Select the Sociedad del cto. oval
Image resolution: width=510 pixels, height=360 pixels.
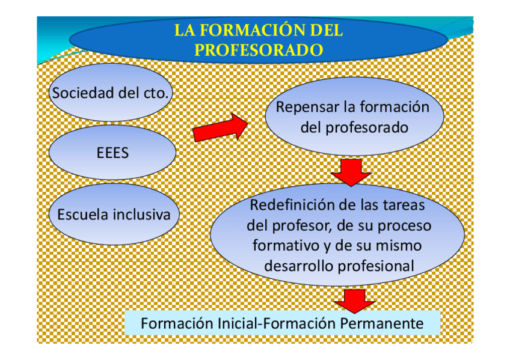point(111,93)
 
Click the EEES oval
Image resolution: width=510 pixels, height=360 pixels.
point(112,153)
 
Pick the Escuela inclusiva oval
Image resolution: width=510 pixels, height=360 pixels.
point(113,215)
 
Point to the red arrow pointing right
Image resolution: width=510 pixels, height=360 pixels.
point(220,128)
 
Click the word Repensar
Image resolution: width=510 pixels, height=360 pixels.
point(307,108)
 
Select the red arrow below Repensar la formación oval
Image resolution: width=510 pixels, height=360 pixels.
point(351,172)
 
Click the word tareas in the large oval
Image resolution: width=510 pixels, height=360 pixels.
point(404,205)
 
